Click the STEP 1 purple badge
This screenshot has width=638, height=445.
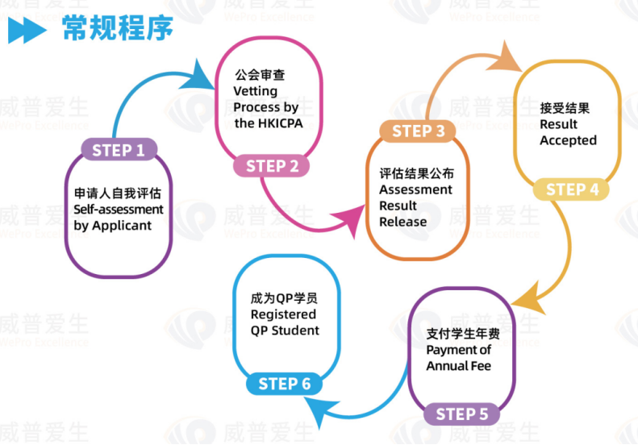tap(119, 150)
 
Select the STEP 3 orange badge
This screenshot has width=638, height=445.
tap(418, 131)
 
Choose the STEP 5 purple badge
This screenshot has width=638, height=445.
tap(461, 414)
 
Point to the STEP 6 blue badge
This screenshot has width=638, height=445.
tap(284, 384)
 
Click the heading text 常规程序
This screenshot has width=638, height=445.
tap(117, 29)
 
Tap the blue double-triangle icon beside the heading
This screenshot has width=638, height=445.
tap(28, 31)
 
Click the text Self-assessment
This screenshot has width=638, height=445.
tap(119, 210)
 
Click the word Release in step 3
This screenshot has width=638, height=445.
tap(403, 222)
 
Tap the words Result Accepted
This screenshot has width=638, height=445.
tap(568, 132)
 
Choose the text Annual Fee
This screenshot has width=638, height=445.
tap(459, 366)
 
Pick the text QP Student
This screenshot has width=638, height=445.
tap(285, 331)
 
